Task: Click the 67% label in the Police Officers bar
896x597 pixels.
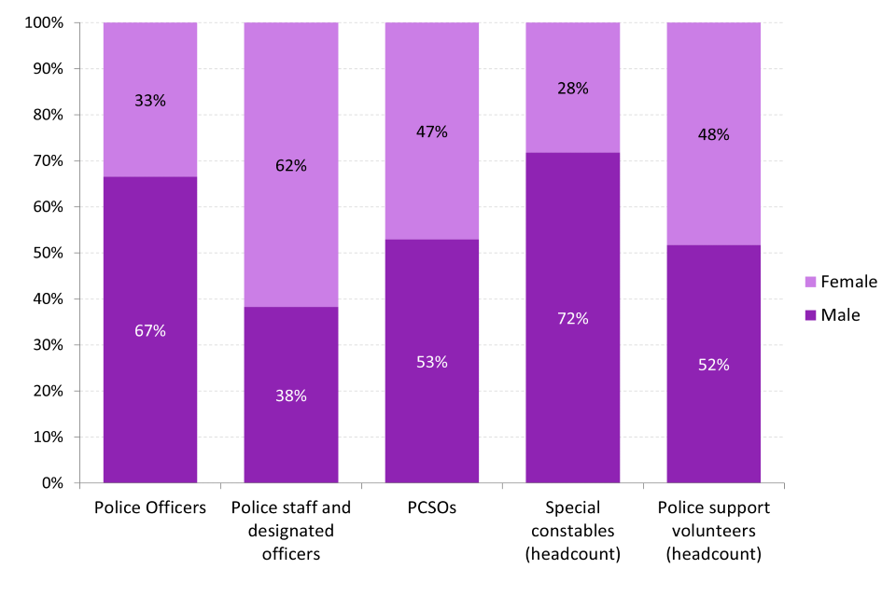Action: (149, 331)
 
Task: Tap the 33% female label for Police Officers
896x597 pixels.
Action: (149, 101)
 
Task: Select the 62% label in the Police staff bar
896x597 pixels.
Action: (291, 166)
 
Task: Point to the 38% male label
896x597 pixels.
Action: (291, 396)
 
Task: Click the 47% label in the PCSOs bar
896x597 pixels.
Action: (431, 132)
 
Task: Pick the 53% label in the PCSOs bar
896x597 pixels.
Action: (431, 362)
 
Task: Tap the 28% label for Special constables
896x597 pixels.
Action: (573, 89)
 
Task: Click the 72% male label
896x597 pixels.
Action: (573, 318)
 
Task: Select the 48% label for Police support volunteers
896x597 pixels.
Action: (713, 134)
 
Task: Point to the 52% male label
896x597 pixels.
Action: (713, 365)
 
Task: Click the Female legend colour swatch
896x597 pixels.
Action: (809, 282)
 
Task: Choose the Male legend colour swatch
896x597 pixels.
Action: (809, 315)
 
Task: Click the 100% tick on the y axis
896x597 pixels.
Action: (43, 22)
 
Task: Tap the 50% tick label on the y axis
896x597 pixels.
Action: (47, 253)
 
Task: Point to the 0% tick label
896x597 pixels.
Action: (50, 483)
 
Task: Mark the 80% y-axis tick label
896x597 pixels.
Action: (47, 115)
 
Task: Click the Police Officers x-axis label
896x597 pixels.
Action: (149, 508)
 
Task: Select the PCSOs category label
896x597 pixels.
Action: (431, 508)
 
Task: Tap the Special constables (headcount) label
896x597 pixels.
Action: (573, 531)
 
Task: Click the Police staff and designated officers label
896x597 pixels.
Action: (291, 531)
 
